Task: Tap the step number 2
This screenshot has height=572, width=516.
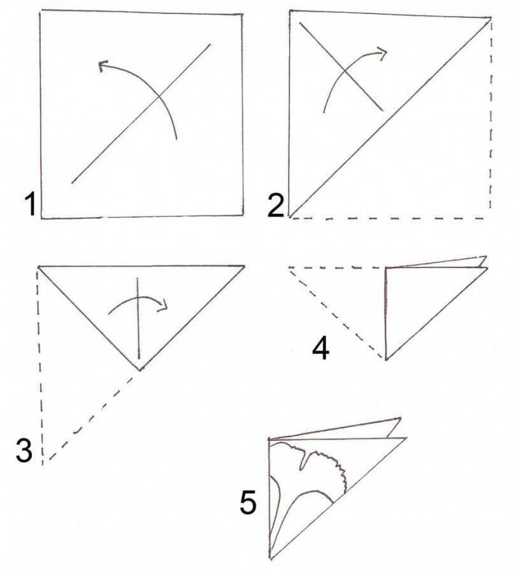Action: pos(275,205)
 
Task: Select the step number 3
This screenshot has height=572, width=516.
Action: pos(24,450)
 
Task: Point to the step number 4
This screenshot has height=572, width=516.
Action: pos(321,348)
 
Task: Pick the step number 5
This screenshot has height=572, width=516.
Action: pos(248,502)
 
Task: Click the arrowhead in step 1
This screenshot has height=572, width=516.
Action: pos(103,66)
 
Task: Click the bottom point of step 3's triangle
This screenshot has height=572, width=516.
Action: pos(140,370)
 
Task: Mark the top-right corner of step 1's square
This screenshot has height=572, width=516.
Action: pos(242,15)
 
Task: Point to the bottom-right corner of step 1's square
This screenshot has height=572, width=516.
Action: pos(243,215)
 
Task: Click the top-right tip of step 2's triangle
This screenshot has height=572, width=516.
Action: pos(491,17)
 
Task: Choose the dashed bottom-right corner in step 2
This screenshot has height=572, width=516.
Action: pos(490,218)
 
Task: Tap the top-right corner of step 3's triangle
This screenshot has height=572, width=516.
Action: pos(244,266)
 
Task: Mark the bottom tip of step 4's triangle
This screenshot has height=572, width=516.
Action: pos(385,360)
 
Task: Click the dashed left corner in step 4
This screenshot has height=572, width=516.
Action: pos(289,268)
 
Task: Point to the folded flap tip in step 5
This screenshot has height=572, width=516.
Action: pos(400,418)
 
